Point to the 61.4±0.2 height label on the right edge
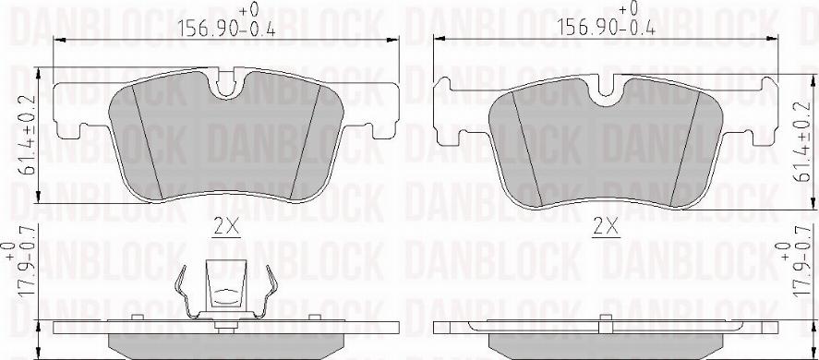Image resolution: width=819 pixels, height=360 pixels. point(799,137)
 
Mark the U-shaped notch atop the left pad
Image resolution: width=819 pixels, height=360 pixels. point(226,90)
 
